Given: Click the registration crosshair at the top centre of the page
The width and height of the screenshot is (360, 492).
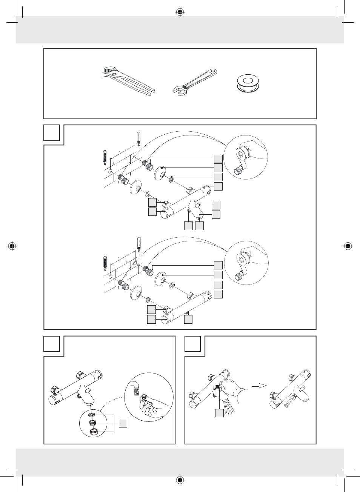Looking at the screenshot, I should (x=180, y=12).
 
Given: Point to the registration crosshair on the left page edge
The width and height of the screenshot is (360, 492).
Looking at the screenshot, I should (x=12, y=246).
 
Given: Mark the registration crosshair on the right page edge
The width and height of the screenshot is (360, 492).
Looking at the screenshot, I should (x=348, y=246).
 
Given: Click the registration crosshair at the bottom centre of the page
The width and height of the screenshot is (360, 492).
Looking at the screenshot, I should (x=180, y=480).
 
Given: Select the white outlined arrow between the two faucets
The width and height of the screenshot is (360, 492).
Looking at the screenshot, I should (x=259, y=386).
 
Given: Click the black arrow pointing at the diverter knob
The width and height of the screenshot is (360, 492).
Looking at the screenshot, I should (x=216, y=386).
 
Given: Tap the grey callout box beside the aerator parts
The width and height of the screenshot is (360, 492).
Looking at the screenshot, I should (x=123, y=423).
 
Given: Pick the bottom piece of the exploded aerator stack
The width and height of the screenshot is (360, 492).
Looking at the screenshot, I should (x=92, y=432).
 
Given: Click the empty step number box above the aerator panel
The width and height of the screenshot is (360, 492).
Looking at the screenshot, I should (x=52, y=344).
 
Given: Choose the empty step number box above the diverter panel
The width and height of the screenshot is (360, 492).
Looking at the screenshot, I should (x=192, y=344).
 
